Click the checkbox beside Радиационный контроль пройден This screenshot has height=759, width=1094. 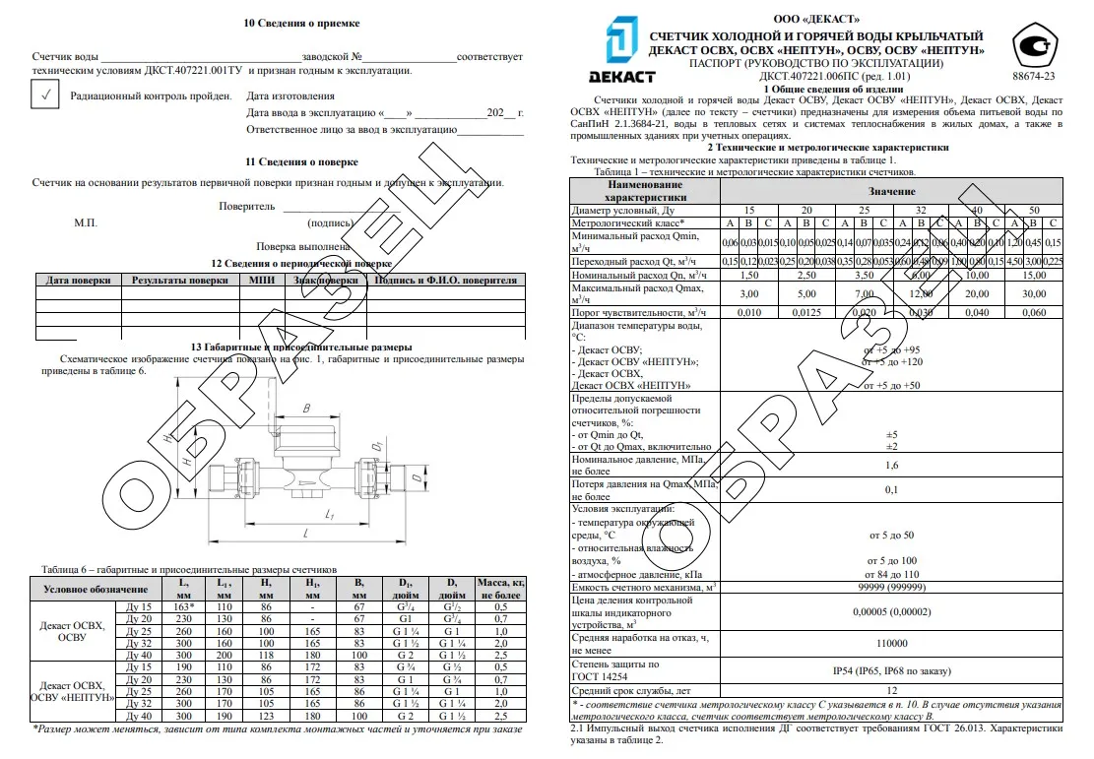(x=44, y=95)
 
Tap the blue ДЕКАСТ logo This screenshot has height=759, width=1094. (x=616, y=48)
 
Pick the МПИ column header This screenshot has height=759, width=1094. (x=263, y=281)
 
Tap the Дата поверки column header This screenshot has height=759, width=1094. (x=77, y=281)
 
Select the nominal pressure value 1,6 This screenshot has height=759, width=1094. (x=892, y=466)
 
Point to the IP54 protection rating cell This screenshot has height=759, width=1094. (x=893, y=670)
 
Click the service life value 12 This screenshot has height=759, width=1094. (x=892, y=692)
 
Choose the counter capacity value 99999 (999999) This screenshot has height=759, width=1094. (x=892, y=588)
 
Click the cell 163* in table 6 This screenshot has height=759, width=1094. (x=183, y=606)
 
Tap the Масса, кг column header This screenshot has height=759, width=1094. (x=501, y=589)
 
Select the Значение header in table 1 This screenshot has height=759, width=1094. (x=891, y=190)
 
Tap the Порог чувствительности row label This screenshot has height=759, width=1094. (x=639, y=312)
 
